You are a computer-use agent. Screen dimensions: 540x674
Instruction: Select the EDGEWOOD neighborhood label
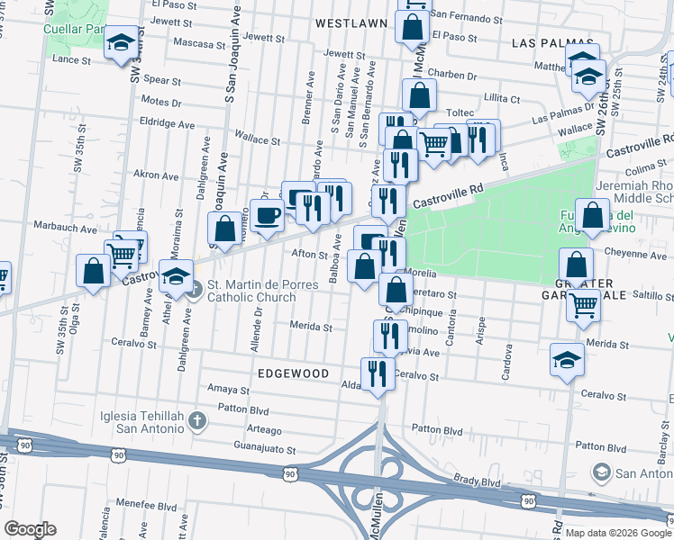pyautogui.click(x=292, y=372)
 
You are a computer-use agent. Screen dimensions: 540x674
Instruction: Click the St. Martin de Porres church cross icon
pyautogui.click(x=197, y=289)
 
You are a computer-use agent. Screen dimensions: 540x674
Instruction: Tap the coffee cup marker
pyautogui.click(x=267, y=216)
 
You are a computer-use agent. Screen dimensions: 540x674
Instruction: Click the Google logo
pyautogui.click(x=31, y=529)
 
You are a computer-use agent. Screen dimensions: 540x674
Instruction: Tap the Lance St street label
pyautogui.click(x=73, y=59)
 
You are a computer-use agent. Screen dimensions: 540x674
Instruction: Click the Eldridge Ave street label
pyautogui.click(x=167, y=123)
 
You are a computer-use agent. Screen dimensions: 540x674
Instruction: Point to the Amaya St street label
pyautogui.click(x=228, y=390)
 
